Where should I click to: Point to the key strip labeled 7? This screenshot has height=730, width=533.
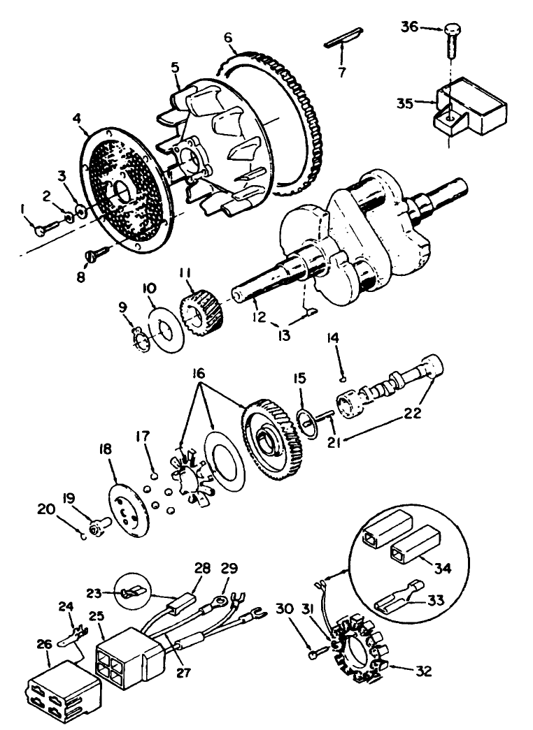[343, 38]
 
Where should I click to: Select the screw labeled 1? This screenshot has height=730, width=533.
[45, 224]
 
